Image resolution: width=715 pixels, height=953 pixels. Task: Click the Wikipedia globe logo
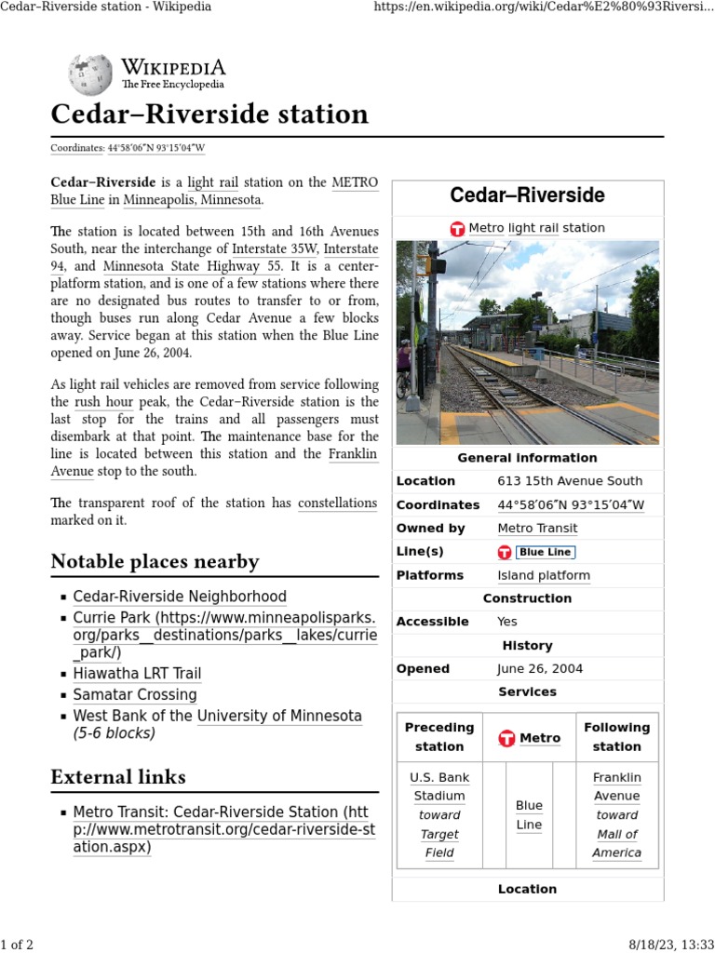pyautogui.click(x=90, y=74)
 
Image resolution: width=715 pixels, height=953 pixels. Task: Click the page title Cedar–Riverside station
pyautogui.click(x=209, y=114)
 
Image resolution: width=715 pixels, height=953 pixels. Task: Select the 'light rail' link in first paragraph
pyautogui.click(x=213, y=182)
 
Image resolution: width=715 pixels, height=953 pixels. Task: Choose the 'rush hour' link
pyautogui.click(x=104, y=402)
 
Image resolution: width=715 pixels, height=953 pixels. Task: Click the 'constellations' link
pyautogui.click(x=337, y=503)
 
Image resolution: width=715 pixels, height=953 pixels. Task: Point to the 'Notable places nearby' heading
pyautogui.click(x=155, y=561)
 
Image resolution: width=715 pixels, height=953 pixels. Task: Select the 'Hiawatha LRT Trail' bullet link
pyautogui.click(x=137, y=674)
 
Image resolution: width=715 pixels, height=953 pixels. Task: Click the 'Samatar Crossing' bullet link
pyautogui.click(x=135, y=695)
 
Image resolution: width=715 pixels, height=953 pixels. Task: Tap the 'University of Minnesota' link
pyautogui.click(x=279, y=717)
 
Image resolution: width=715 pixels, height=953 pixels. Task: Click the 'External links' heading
pyautogui.click(x=118, y=777)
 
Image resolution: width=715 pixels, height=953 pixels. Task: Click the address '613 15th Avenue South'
pyautogui.click(x=570, y=481)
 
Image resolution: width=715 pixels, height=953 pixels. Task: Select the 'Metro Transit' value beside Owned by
pyautogui.click(x=537, y=528)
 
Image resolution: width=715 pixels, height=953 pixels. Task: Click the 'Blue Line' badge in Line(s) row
pyautogui.click(x=546, y=552)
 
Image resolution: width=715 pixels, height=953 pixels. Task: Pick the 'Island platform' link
pyautogui.click(x=544, y=575)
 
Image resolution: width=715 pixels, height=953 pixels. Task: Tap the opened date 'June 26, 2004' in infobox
pyautogui.click(x=541, y=668)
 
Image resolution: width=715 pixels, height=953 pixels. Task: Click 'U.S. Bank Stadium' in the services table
pyautogui.click(x=439, y=786)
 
